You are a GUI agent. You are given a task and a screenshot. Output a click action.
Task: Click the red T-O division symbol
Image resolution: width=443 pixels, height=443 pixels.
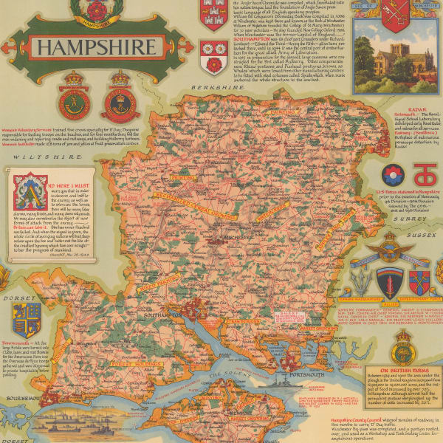point(423,175)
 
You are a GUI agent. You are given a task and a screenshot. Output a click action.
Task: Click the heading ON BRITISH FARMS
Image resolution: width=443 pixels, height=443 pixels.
point(402,371)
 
